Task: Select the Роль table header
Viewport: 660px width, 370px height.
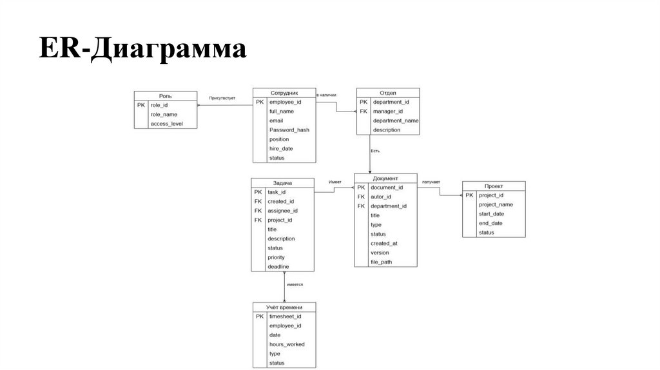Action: tap(165, 95)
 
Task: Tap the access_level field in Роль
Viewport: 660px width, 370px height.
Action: tap(167, 124)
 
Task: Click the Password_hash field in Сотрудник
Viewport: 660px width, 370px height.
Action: tap(289, 130)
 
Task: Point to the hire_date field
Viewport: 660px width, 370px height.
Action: tap(281, 148)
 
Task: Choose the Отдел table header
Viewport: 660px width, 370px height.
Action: tap(387, 92)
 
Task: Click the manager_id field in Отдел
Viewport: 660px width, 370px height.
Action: tap(387, 111)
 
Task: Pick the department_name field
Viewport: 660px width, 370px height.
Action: tap(396, 121)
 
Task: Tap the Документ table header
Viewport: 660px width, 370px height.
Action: tap(385, 178)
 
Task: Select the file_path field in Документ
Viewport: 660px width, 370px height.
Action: tap(381, 262)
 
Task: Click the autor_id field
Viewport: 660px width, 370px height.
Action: tap(381, 197)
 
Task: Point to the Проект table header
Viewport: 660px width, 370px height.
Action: tap(494, 186)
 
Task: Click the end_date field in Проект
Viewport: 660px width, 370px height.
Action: tap(490, 223)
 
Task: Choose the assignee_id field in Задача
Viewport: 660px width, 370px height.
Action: tap(282, 211)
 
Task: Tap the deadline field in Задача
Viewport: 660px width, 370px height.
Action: tap(278, 266)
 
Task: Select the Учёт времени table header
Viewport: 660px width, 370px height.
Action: tap(284, 307)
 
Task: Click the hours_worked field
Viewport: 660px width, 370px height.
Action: tap(287, 344)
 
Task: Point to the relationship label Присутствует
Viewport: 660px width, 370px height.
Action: tap(222, 98)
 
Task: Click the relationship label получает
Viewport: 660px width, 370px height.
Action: tap(431, 182)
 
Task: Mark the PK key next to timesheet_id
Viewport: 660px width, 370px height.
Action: tap(259, 316)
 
